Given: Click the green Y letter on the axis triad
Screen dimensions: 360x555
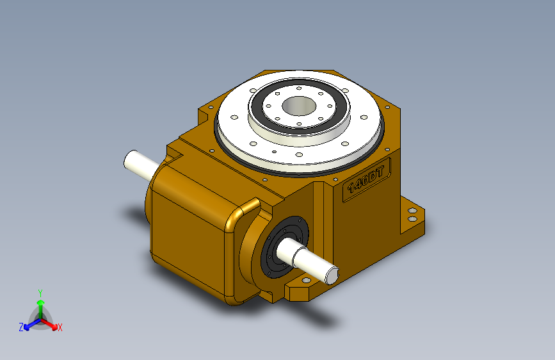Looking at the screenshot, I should click(40, 292).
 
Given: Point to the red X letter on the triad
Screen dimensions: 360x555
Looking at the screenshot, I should click(60, 328).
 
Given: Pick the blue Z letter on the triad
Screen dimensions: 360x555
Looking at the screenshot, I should click(21, 327).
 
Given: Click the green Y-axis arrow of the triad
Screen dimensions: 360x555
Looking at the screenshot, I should click(40, 305).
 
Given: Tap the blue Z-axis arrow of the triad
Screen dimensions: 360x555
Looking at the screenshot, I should click(29, 324).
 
